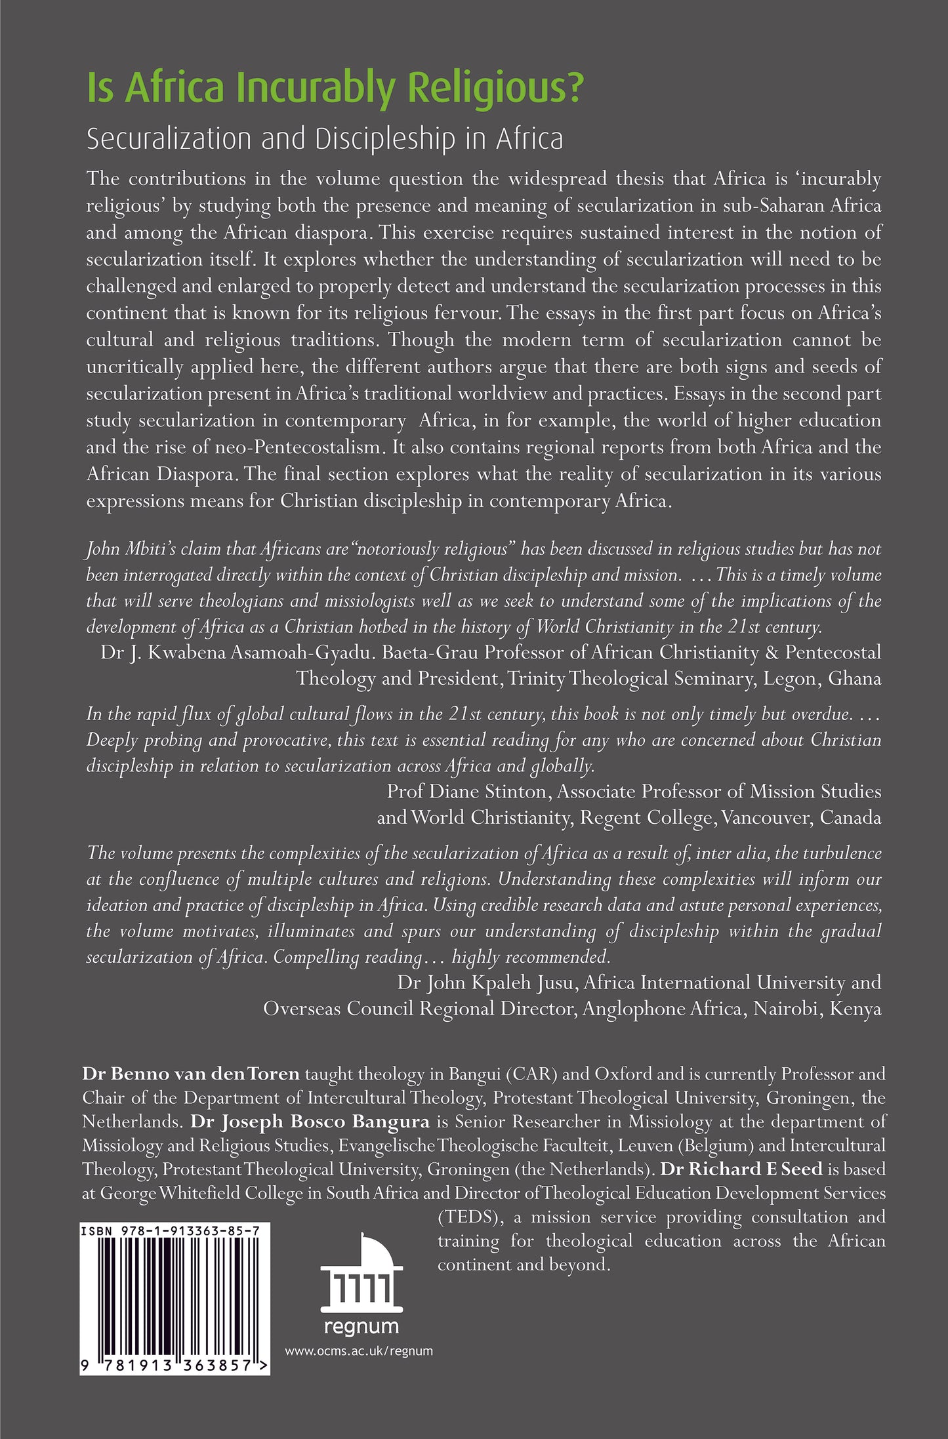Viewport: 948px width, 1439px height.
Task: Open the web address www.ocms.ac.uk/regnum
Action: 360,1351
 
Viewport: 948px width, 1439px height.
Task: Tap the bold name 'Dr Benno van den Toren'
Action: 191,1074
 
